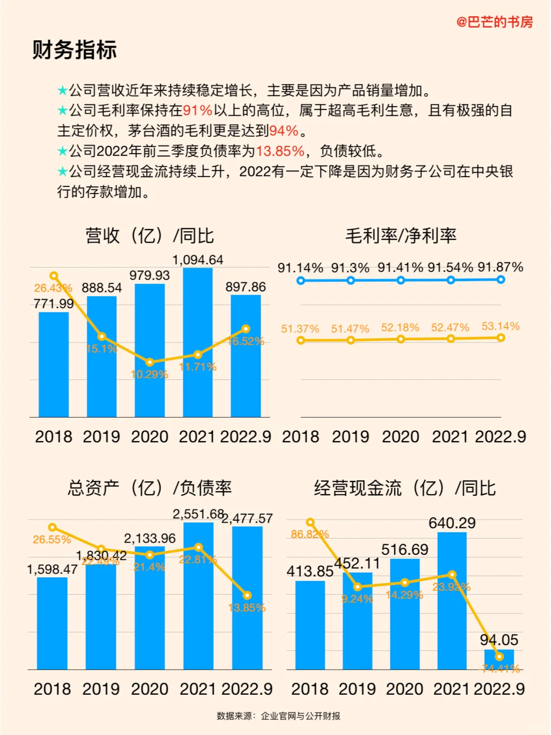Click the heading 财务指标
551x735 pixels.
[74, 50]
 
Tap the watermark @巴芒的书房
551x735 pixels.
[494, 22]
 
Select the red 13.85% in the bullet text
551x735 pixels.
[280, 151]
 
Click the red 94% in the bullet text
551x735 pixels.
[284, 131]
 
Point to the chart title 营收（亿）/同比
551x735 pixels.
[149, 236]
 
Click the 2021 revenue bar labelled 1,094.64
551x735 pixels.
[197, 342]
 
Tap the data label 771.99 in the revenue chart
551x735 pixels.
[54, 304]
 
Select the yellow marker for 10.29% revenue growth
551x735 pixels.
[149, 362]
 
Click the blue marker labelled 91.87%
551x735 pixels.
[500, 280]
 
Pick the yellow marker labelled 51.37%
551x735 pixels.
[300, 340]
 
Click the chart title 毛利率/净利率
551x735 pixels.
[401, 236]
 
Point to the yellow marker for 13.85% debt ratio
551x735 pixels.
[247, 595]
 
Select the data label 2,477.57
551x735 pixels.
[247, 519]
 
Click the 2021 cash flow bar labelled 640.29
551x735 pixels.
[452, 602]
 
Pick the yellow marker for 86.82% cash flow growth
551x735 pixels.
[310, 522]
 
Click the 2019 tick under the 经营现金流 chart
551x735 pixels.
[357, 689]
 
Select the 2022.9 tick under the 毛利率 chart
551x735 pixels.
[500, 437]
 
